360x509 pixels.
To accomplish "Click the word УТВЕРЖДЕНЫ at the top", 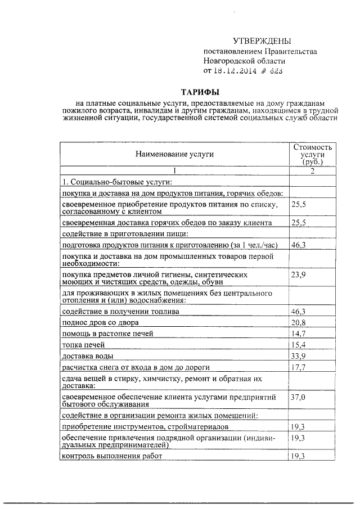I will pyautogui.click(x=262, y=41).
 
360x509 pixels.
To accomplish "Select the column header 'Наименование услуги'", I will pyautogui.click(x=174, y=153).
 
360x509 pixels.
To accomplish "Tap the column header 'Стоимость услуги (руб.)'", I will pyautogui.click(x=313, y=154).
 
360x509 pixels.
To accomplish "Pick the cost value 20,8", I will pyautogui.click(x=299, y=322).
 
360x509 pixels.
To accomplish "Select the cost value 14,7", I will pyautogui.click(x=299, y=333).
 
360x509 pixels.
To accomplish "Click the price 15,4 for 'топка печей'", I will pyautogui.click(x=299, y=344).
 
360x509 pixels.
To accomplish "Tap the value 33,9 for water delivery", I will pyautogui.click(x=299, y=355).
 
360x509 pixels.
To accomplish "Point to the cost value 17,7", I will pyautogui.click(x=299, y=368).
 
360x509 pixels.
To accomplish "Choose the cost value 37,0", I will pyautogui.click(x=299, y=397).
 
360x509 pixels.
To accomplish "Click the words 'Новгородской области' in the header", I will pyautogui.click(x=245, y=61).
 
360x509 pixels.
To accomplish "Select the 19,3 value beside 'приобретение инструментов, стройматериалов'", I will pyautogui.click(x=299, y=427).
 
